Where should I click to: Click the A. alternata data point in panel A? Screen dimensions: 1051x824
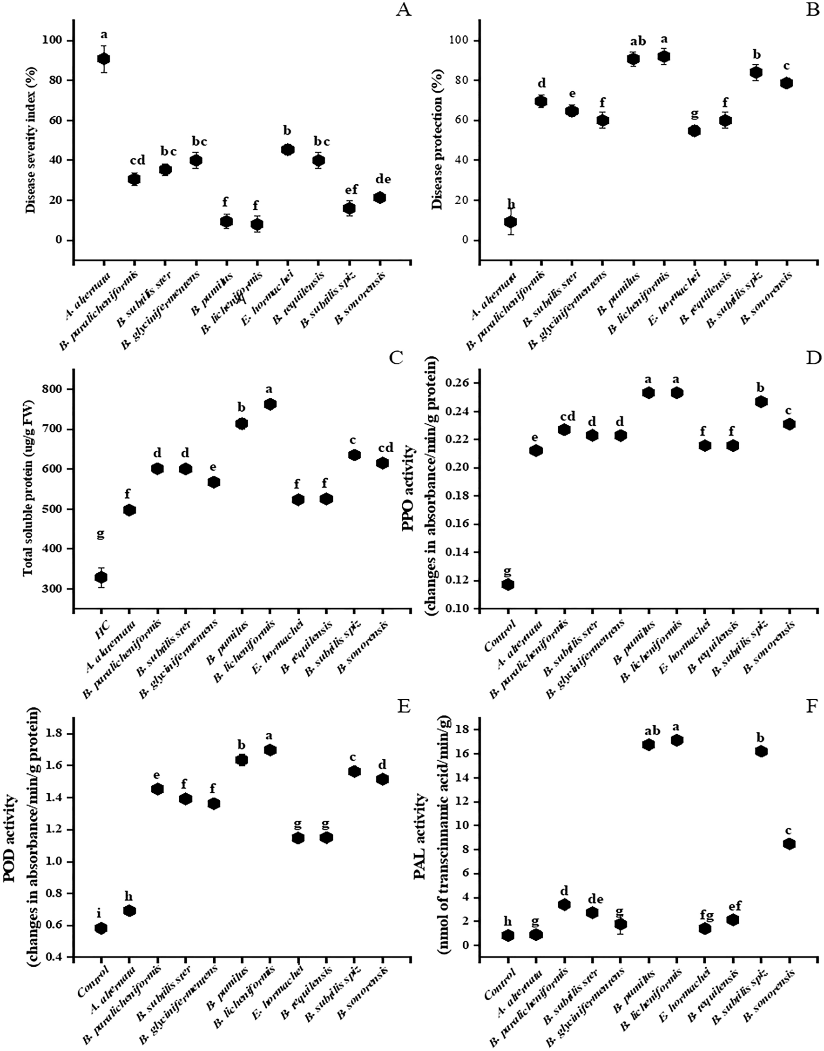[x=103, y=59]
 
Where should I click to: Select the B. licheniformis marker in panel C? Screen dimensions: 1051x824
[x=270, y=404]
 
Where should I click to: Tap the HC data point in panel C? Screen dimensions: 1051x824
[x=101, y=577]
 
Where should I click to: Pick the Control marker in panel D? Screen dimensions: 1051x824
[x=507, y=584]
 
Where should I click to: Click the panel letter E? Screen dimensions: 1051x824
[x=403, y=707]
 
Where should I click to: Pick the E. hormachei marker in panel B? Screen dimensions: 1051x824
[x=694, y=131]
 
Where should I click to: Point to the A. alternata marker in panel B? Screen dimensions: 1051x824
[x=510, y=222]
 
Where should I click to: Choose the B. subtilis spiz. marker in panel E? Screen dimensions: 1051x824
[x=355, y=771]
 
